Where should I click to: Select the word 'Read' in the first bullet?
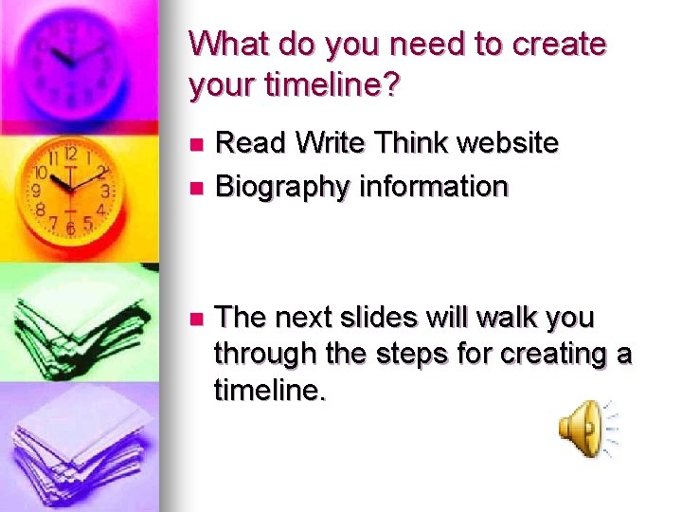tap(249, 143)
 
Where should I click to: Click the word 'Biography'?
tap(282, 188)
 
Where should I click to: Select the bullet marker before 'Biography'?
tap(196, 188)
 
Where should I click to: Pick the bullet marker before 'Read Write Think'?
tap(196, 144)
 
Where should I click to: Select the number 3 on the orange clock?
tap(105, 191)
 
